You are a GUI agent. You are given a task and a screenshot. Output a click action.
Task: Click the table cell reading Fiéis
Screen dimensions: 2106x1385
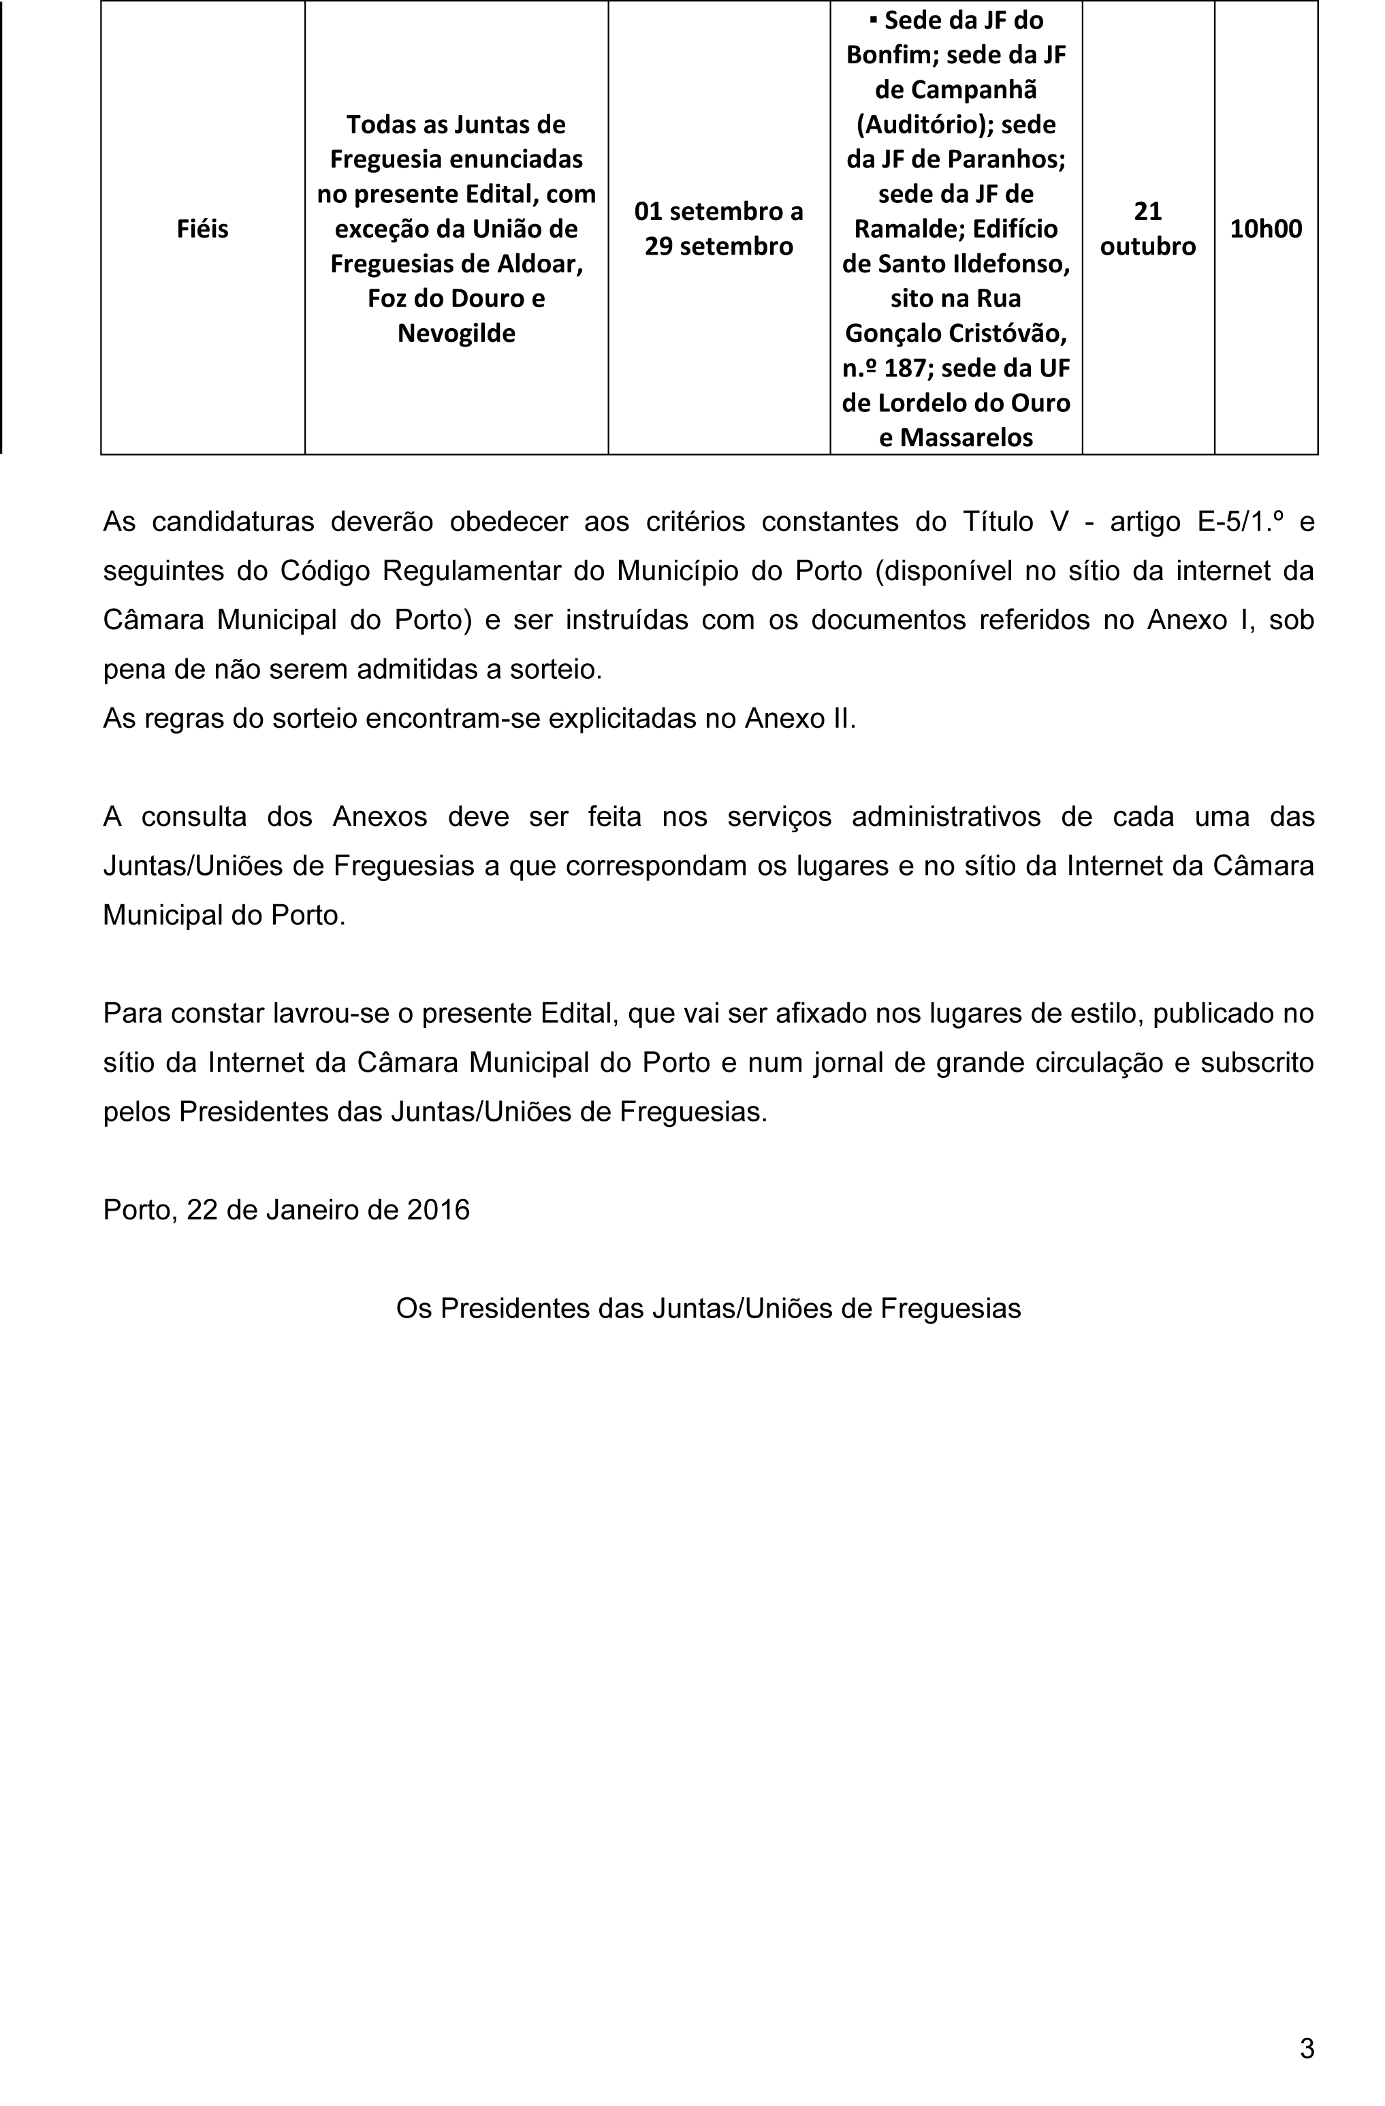tap(203, 228)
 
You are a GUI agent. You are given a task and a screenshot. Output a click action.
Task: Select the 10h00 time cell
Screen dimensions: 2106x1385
tap(1266, 228)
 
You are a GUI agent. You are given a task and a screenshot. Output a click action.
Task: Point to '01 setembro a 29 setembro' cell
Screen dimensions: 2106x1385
tap(718, 228)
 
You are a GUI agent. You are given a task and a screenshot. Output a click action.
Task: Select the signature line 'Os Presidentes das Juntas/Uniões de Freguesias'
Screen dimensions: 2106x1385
tap(708, 1308)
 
